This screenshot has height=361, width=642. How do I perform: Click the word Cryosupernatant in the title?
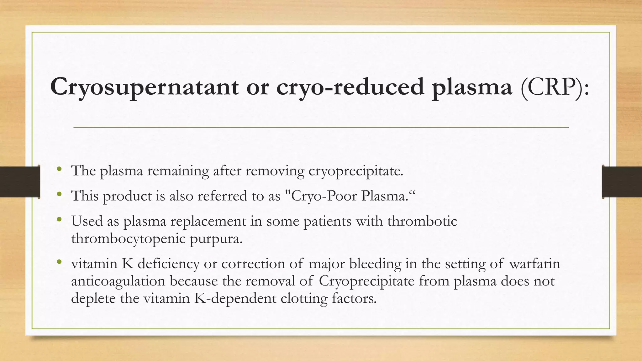(144, 87)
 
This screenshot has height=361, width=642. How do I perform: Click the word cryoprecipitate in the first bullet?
(356, 171)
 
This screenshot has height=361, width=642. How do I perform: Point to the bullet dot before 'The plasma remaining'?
(59, 170)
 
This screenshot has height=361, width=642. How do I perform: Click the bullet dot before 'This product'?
(59, 195)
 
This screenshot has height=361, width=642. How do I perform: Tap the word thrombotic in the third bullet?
(422, 221)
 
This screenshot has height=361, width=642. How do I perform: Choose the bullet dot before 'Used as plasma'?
(59, 220)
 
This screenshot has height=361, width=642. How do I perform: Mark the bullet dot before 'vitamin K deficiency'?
(59, 262)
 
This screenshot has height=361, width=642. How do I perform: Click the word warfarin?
(534, 263)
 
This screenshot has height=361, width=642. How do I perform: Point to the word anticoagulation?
(118, 281)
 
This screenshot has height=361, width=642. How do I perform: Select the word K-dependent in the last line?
(235, 298)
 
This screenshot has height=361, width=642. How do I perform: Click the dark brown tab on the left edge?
(20, 182)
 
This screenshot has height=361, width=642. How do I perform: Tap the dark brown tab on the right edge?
(622, 182)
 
